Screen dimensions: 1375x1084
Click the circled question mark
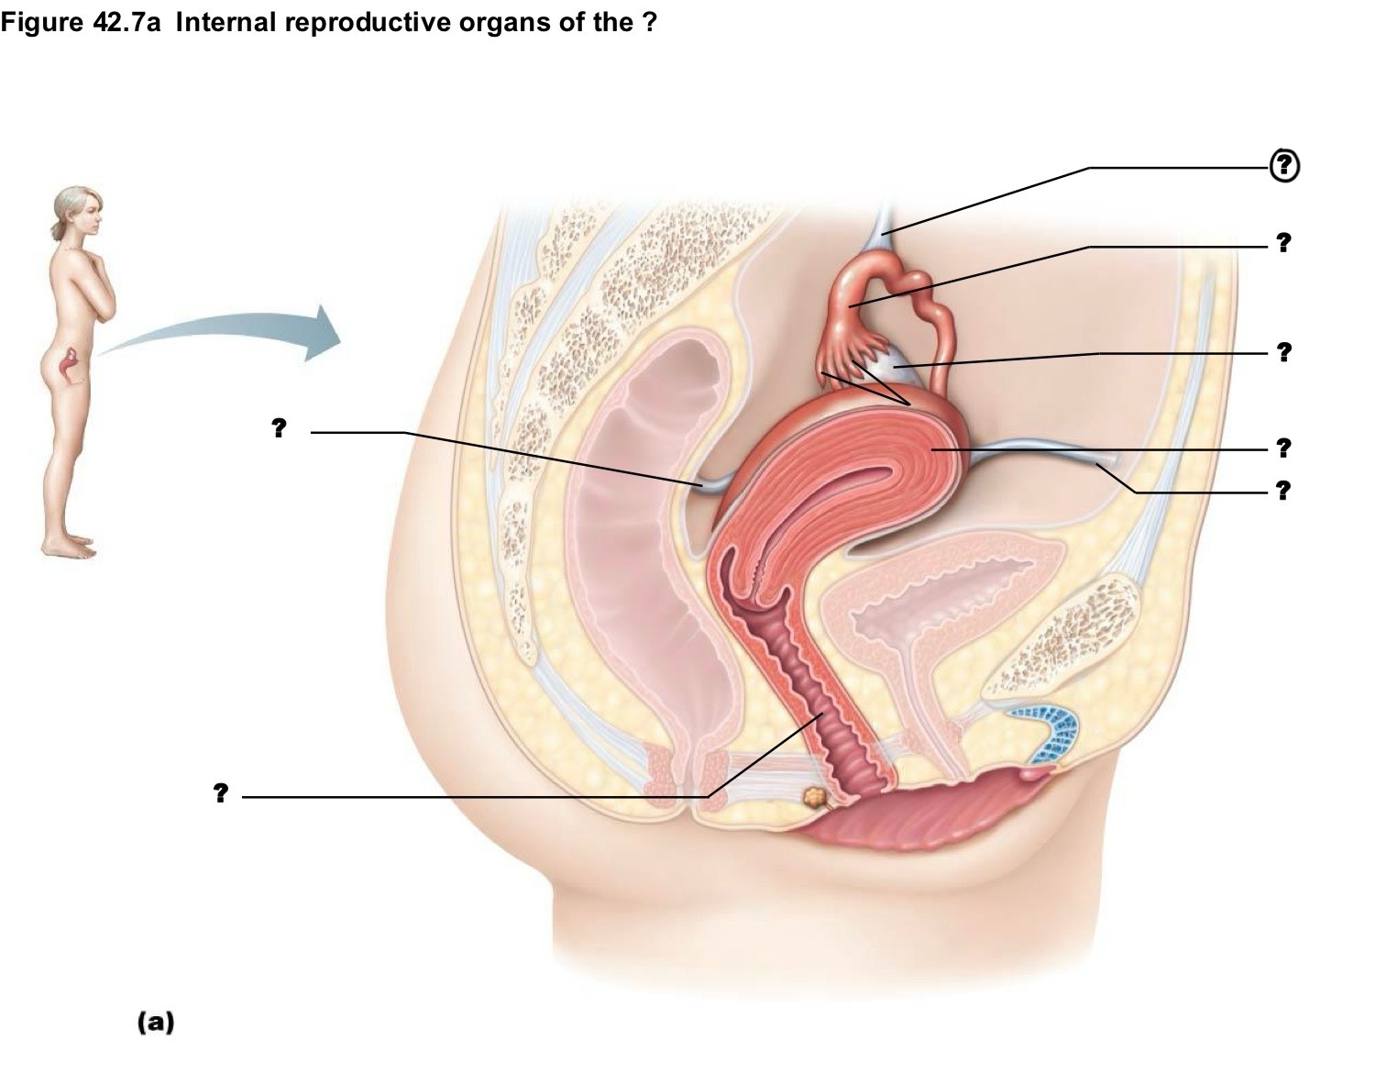click(1284, 166)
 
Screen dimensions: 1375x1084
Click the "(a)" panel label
click(156, 1022)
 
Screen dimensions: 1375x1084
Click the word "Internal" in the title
click(225, 22)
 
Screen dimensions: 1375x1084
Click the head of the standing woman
click(77, 211)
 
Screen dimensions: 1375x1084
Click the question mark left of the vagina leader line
click(220, 792)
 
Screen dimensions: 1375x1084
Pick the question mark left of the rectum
click(279, 427)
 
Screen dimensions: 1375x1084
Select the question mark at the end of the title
click(650, 22)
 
